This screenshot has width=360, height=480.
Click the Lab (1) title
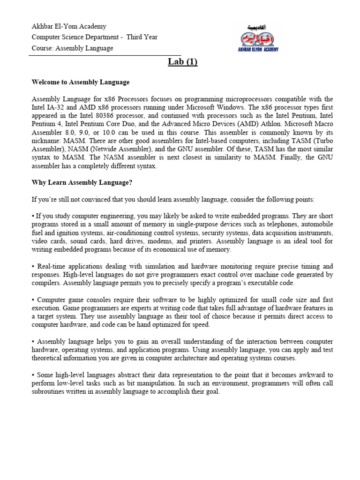[x=182, y=63]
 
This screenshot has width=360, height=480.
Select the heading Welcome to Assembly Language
[x=81, y=82]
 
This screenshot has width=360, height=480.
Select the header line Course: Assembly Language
[x=72, y=48]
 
